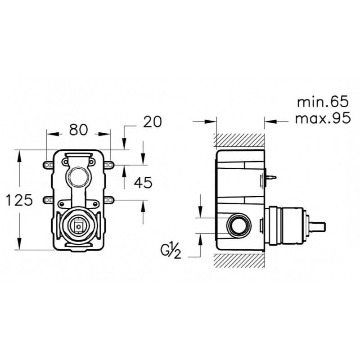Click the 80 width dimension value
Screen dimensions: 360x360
[x=78, y=130]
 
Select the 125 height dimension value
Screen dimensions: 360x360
[x=19, y=200]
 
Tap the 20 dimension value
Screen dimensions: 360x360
[x=153, y=121]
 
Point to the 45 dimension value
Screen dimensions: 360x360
[x=143, y=183]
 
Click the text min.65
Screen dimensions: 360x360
[x=323, y=102]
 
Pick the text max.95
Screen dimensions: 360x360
[x=323, y=118]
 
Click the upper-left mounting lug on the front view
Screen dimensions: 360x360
[x=48, y=165]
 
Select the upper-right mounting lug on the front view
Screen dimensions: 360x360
[x=109, y=165]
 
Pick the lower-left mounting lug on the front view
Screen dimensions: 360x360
[x=48, y=200]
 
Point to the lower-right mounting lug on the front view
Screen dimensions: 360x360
[x=109, y=200]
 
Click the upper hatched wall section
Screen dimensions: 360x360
[x=239, y=140]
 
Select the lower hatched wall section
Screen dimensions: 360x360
[x=239, y=261]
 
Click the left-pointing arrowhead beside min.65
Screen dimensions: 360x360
[x=271, y=121]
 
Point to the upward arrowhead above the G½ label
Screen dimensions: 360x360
[x=200, y=239]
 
